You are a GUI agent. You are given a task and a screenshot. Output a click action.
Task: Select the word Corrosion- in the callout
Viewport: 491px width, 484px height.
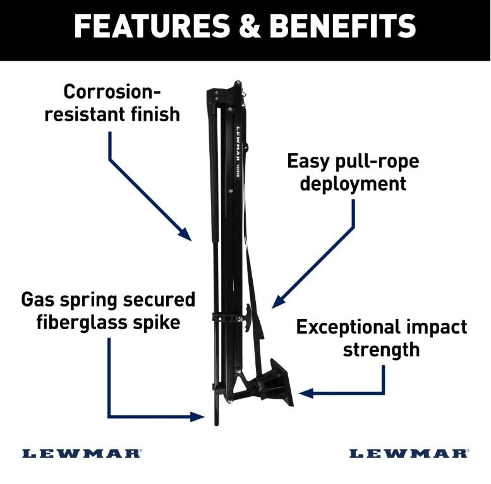(112, 92)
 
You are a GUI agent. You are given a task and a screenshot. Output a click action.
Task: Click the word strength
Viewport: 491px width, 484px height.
(382, 349)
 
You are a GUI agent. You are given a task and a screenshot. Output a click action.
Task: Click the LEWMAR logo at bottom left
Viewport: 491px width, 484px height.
(82, 453)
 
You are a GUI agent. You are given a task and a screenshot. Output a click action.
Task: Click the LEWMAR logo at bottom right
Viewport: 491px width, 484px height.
(409, 453)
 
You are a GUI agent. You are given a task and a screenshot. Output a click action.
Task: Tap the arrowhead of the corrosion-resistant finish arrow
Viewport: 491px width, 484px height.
(186, 235)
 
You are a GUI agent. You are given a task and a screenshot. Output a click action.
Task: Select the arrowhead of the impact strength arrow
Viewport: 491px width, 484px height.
(305, 393)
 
